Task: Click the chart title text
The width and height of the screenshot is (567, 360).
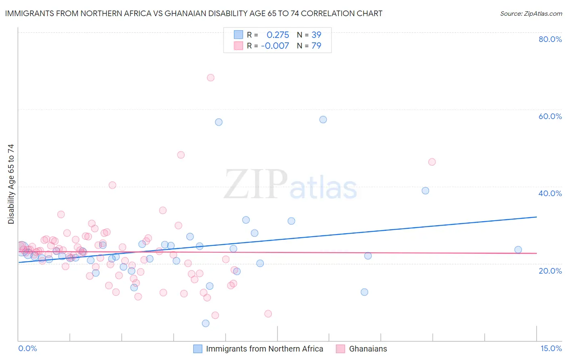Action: point(194,13)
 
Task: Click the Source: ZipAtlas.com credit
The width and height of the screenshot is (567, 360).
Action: point(531,13)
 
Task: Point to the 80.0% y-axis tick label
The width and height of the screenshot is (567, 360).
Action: point(550,39)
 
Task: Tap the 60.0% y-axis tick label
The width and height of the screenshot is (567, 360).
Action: point(550,116)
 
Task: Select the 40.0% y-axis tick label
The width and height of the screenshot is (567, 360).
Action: point(550,193)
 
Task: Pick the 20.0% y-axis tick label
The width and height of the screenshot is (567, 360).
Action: point(550,270)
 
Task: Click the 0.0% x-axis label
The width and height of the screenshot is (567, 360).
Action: point(27,348)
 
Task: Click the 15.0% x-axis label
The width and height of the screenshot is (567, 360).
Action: point(551,348)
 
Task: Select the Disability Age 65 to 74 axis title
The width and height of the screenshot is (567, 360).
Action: point(11,184)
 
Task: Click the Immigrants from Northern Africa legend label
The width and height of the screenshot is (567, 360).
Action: point(265,349)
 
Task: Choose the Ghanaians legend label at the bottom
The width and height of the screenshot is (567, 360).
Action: point(368,349)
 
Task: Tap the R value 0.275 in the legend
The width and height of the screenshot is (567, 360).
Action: point(278,35)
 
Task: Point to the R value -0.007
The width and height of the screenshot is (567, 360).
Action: point(275,46)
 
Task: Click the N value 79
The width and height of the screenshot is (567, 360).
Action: point(316,46)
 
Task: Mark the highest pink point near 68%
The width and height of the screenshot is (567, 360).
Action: point(211,77)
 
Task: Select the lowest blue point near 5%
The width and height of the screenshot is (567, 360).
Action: point(206,323)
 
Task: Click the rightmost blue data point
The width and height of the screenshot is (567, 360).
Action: point(518,250)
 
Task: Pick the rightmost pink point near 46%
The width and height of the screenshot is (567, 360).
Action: point(432,162)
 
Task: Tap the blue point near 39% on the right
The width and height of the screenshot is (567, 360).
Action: point(425,190)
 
